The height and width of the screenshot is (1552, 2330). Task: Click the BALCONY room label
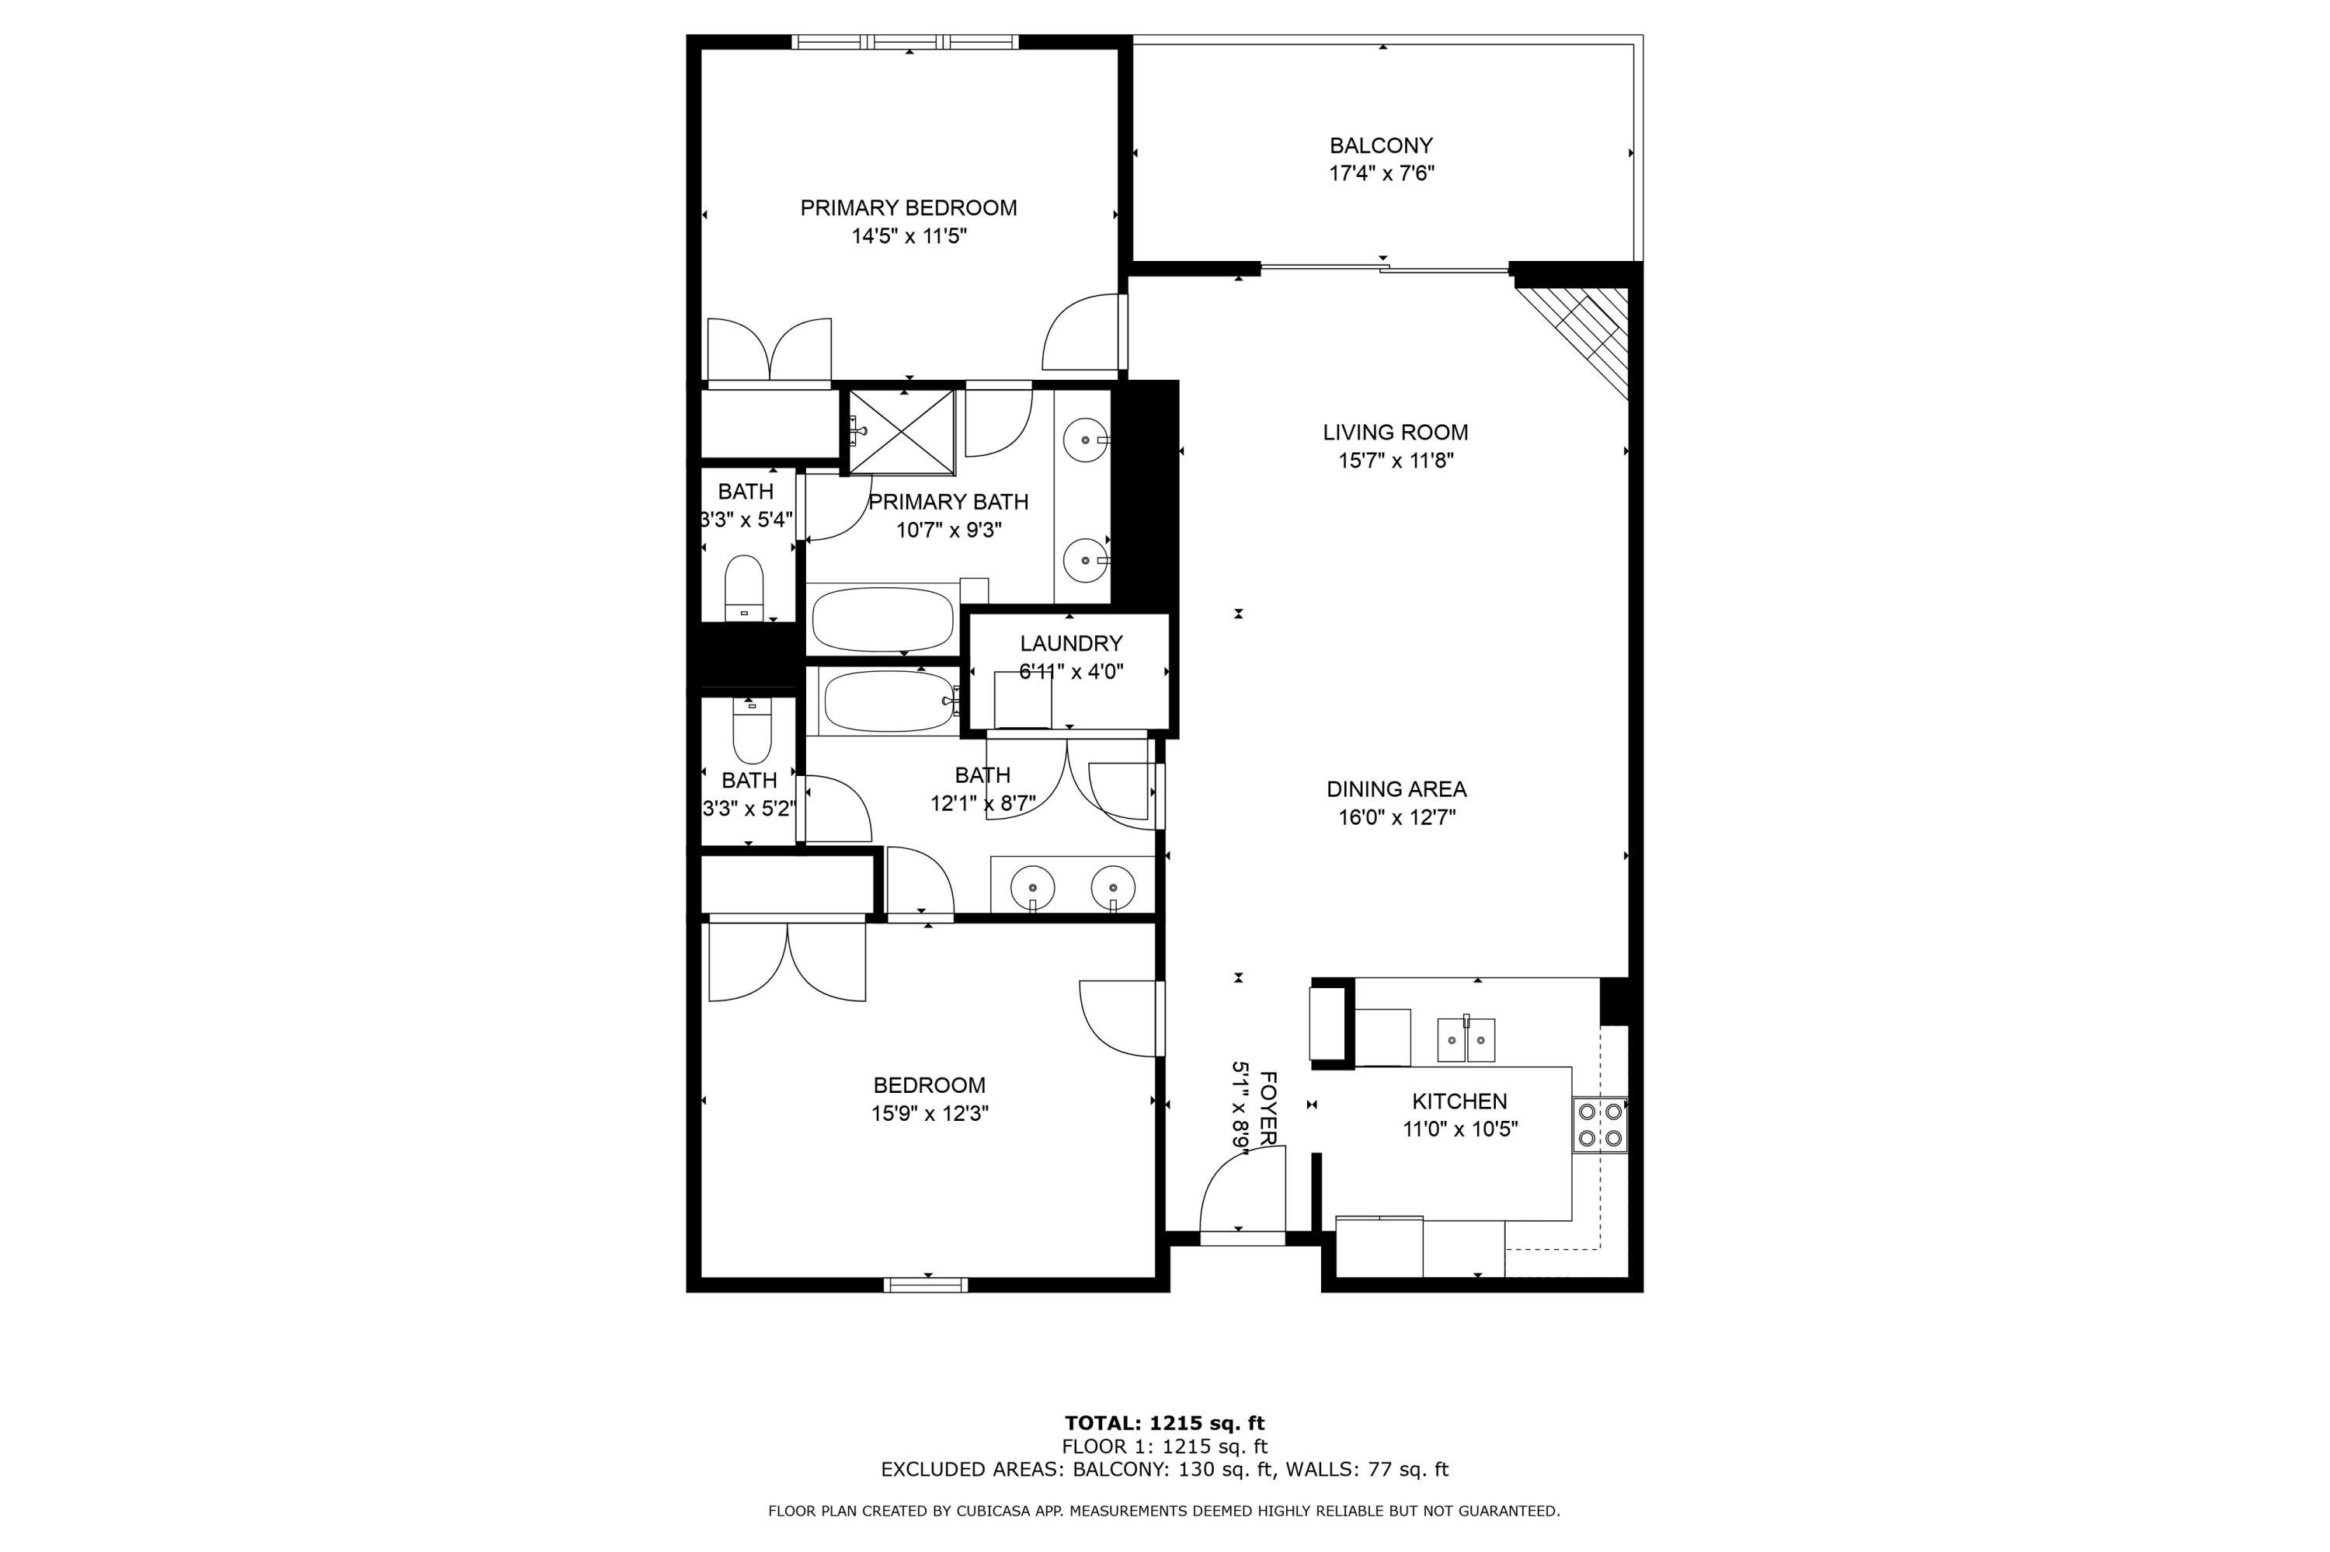[1380, 145]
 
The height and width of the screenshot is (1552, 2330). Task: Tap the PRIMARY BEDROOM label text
[908, 208]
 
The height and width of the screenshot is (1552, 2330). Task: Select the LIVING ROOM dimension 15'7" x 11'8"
[1395, 461]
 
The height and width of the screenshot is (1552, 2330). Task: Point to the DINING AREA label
[1396, 789]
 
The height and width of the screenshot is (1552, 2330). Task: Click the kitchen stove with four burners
[1599, 1125]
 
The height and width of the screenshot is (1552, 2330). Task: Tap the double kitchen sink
[1466, 1039]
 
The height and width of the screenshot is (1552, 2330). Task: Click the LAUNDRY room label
[1070, 643]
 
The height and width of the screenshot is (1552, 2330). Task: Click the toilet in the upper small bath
[744, 588]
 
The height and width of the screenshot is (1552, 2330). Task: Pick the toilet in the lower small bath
[751, 730]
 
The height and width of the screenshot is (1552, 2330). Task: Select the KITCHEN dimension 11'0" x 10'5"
[1459, 1129]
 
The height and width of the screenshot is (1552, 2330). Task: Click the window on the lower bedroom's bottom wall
[926, 1285]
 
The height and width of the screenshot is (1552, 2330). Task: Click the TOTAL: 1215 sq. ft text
[1164, 1423]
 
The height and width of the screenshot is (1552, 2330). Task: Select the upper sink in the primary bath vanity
[1087, 438]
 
